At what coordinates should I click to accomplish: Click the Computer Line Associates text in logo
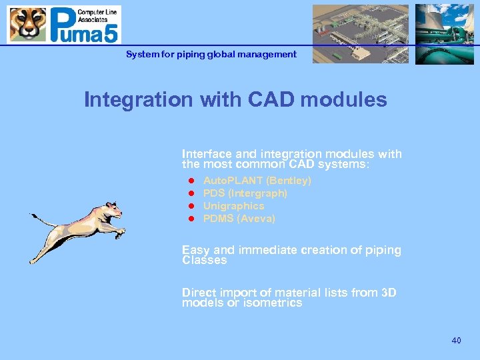click(x=99, y=17)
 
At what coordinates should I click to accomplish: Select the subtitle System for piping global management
click(x=211, y=54)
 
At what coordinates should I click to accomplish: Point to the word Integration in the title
click(x=137, y=100)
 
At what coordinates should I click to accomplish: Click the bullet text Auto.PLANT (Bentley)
click(x=257, y=181)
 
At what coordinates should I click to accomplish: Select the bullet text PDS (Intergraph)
click(x=245, y=193)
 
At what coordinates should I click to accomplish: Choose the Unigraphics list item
click(x=233, y=206)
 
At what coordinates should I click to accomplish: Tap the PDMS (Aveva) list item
click(x=239, y=219)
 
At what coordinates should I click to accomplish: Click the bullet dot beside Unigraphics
click(x=190, y=206)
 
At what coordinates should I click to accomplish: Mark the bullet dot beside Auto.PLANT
click(x=190, y=181)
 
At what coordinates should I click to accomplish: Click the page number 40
click(x=456, y=341)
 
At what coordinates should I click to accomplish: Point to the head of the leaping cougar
click(x=113, y=210)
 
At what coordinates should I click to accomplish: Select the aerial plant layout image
click(x=361, y=34)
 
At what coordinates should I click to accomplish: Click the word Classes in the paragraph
click(x=204, y=261)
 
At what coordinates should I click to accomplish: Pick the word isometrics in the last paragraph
click(x=274, y=303)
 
